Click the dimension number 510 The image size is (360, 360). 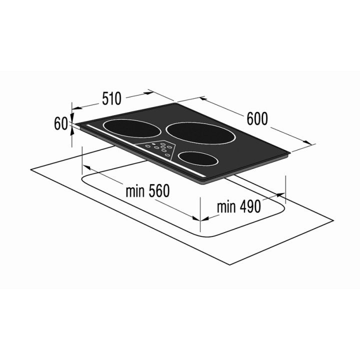(111, 98)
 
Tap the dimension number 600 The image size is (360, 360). (257, 118)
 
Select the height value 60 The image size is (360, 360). (61, 123)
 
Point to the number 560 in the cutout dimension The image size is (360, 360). (159, 190)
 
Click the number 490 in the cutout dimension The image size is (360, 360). (250, 206)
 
